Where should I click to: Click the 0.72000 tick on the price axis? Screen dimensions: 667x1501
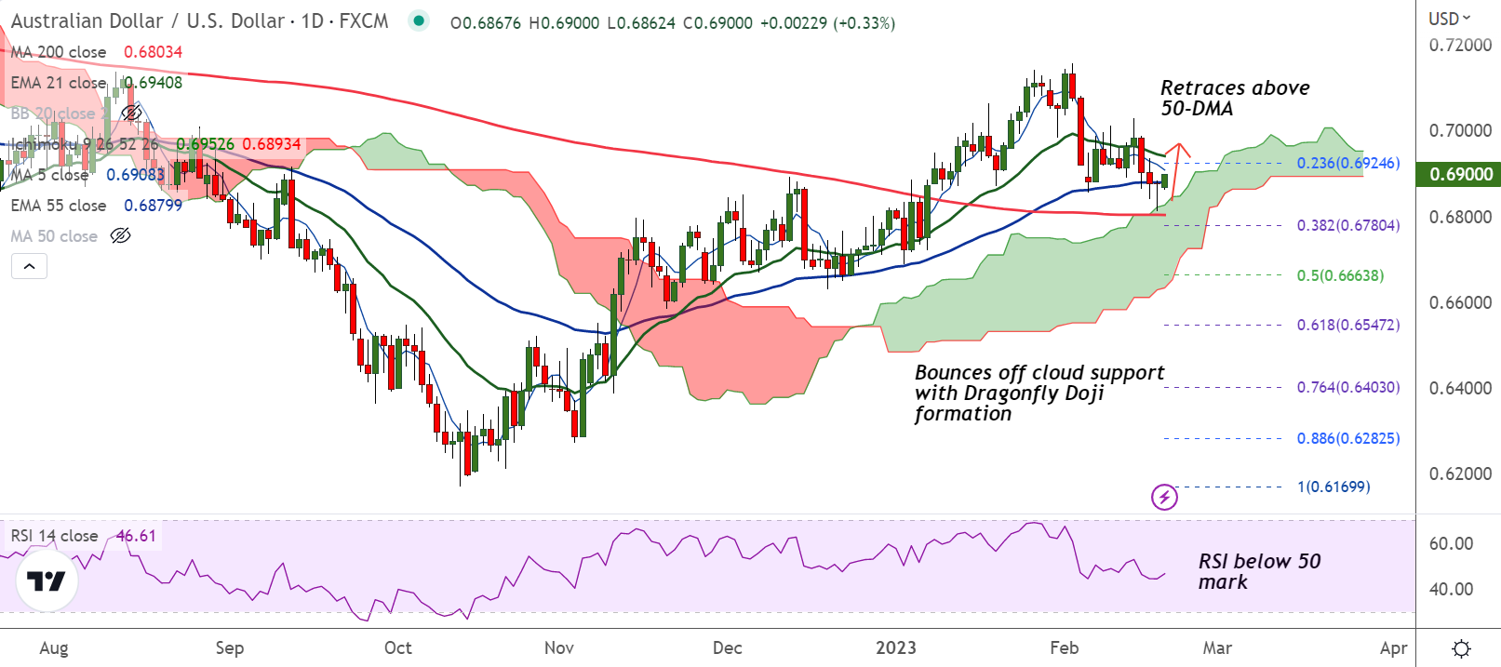point(1459,45)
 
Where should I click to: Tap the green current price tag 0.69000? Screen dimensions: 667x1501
point(1459,174)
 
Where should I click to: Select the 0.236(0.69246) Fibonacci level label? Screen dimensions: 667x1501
point(1347,163)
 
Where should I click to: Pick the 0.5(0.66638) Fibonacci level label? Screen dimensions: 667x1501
point(1340,275)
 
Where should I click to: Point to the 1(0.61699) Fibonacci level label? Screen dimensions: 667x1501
point(1333,487)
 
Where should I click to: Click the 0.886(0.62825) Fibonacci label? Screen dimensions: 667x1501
point(1347,438)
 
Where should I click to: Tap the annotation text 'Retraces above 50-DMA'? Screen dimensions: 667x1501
point(1234,98)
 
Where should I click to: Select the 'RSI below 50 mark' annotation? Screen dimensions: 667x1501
point(1258,571)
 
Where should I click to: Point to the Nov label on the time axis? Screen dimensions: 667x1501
point(559,648)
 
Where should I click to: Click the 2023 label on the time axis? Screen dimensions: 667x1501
point(895,648)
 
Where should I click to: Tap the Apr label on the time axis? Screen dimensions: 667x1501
point(1393,648)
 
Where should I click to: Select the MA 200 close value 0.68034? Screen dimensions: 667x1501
point(154,52)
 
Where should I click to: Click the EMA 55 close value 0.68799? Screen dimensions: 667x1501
point(154,206)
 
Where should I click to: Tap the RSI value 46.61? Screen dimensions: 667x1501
point(136,536)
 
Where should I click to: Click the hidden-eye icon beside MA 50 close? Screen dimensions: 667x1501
point(120,236)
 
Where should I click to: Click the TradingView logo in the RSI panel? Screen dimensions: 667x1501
point(47,581)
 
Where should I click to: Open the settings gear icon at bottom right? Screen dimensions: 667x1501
point(1461,648)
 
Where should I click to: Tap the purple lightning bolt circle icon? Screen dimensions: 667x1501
point(1164,497)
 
